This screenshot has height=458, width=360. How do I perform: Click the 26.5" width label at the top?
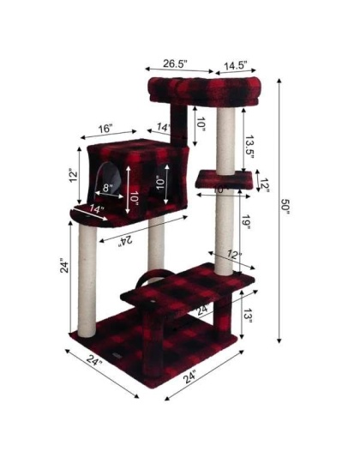click(175, 63)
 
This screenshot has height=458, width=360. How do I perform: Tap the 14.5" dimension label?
click(237, 64)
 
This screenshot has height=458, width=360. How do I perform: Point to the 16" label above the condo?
click(105, 129)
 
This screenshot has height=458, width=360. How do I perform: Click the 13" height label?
click(247, 317)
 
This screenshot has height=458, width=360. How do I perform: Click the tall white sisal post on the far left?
click(87, 274)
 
